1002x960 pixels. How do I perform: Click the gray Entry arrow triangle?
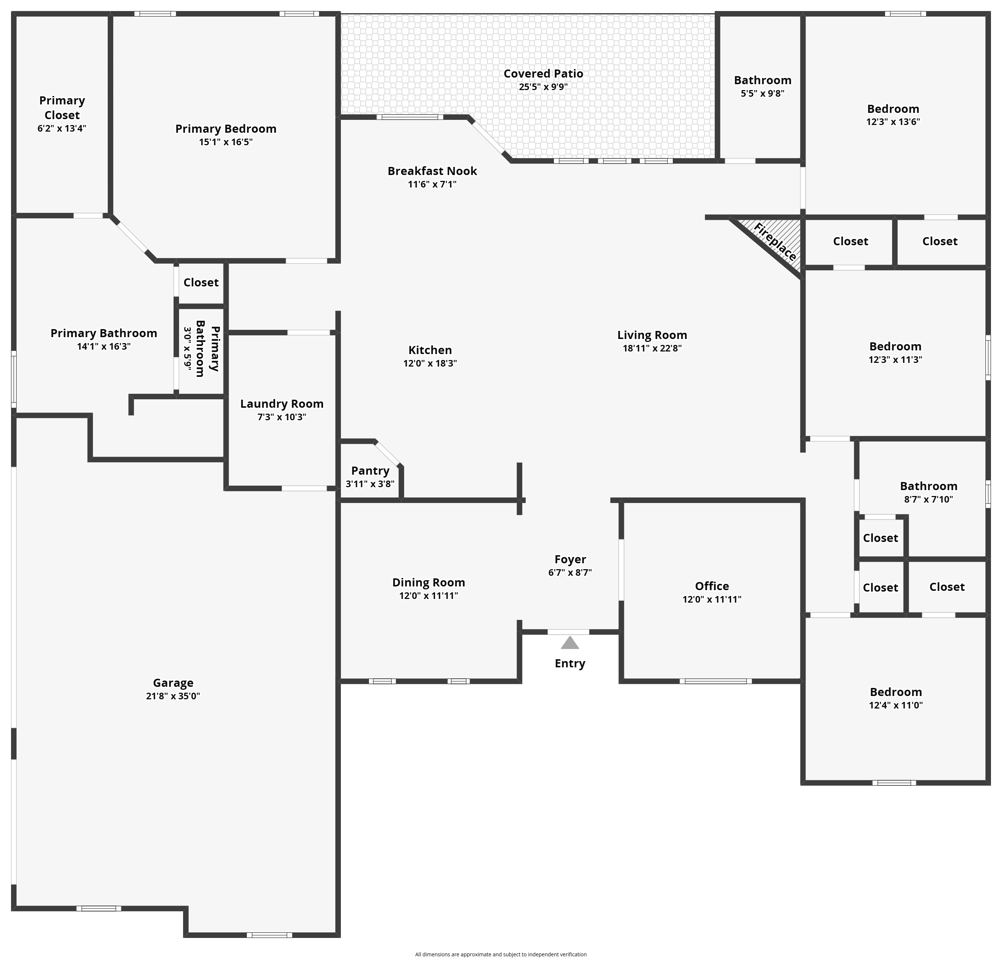click(x=570, y=643)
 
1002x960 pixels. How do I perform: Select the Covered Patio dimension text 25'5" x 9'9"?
click(x=543, y=87)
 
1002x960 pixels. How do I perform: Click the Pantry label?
click(x=370, y=470)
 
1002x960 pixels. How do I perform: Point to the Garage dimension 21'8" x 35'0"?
click(x=173, y=696)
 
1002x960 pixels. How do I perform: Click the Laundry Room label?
click(x=282, y=403)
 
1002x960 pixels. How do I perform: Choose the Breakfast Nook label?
click(x=432, y=171)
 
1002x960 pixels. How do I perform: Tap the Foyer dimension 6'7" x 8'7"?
click(x=570, y=572)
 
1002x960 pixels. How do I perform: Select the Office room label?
click(x=712, y=586)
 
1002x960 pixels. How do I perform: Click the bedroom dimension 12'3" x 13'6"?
click(x=893, y=122)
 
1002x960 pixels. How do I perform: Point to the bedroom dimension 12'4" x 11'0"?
click(x=896, y=705)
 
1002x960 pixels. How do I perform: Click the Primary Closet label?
click(x=62, y=107)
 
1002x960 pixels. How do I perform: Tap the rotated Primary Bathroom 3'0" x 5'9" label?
click(x=202, y=349)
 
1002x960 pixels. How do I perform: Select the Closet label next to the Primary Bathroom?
click(x=201, y=282)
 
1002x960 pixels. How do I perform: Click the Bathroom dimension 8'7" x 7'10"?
click(x=928, y=499)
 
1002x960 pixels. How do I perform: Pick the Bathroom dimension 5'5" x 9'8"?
click(x=762, y=93)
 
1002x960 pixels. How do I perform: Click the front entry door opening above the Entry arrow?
click(x=568, y=632)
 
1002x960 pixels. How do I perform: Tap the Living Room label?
click(x=652, y=335)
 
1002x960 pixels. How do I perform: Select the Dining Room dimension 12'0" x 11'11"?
click(x=428, y=596)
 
